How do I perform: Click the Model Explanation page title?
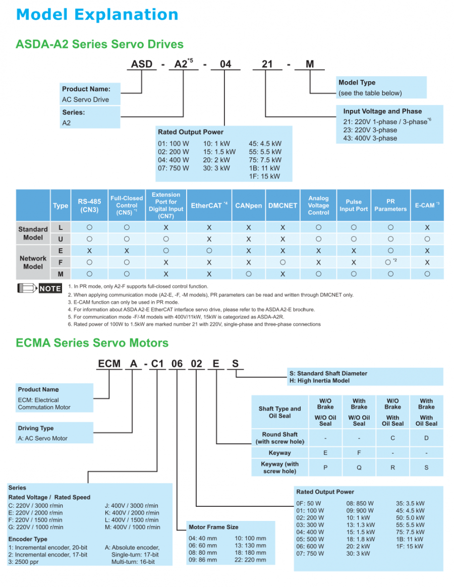coord(97,14)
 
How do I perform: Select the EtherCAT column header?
coord(209,206)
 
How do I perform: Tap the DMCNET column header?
coord(282,206)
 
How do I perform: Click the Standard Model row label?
coord(33,233)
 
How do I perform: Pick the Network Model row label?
coord(33,262)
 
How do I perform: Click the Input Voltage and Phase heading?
coord(382,111)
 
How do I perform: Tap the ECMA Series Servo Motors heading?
coord(92,343)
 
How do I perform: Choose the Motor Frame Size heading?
coord(213,527)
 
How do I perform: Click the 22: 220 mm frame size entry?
coord(250,560)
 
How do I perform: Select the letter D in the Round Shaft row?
coord(426,438)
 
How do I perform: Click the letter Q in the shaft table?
coord(359,467)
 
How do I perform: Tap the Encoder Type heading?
coord(28,539)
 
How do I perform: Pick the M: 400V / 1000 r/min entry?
coord(132,527)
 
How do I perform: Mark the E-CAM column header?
coord(427,206)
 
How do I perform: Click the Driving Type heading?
coord(36,428)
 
